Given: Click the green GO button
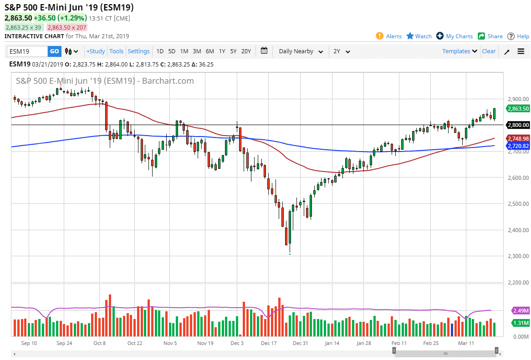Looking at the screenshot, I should pos(54,51).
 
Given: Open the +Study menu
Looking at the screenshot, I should pos(96,51).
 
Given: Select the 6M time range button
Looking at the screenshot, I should pos(209,51).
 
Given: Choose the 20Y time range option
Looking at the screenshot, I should pos(246,51).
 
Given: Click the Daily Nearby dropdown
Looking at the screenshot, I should pos(301,51).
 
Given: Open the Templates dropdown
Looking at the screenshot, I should pos(460,51).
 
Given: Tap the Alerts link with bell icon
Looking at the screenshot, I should pos(389,36).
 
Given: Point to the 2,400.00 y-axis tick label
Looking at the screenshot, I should pos(518,230).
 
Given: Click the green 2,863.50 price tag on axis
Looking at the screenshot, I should pos(518,108).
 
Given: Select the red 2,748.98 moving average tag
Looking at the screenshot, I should pos(518,138).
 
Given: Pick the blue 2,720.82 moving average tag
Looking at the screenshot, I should pos(518,146).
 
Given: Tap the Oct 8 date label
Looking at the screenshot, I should pos(100,344).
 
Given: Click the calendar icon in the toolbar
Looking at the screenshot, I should pos(264,51).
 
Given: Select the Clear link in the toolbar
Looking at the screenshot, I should pos(489,51).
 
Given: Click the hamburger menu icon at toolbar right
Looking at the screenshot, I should pos(521,51).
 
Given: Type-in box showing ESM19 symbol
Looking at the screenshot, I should pos(27,51).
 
